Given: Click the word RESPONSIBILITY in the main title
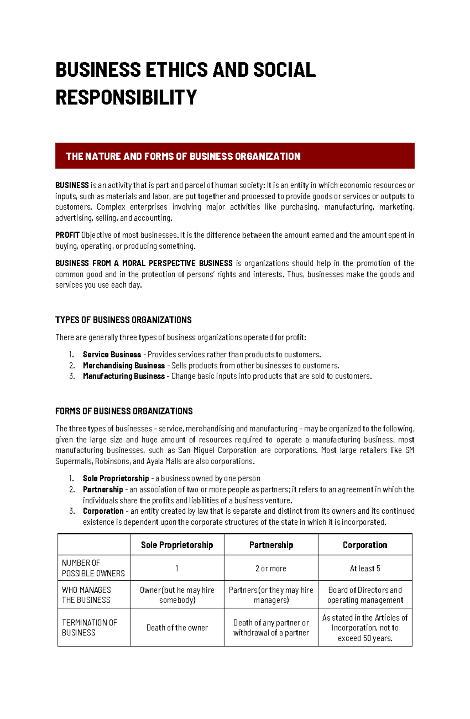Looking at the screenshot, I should [x=126, y=97].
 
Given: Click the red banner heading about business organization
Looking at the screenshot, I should [x=183, y=156].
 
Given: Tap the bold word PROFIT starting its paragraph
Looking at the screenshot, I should [x=67, y=235].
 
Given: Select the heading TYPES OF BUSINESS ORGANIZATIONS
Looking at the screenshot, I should [x=123, y=320].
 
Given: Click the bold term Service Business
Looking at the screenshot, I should [x=112, y=355].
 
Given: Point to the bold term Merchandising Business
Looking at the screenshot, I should [x=124, y=366].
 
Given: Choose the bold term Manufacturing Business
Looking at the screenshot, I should [x=124, y=376].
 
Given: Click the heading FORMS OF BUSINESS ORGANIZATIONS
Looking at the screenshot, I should [x=124, y=411].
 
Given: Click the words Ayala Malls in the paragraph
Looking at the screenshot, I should [x=164, y=461].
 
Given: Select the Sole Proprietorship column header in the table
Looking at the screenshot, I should [x=177, y=545].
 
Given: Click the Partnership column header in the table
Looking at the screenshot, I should [x=271, y=545].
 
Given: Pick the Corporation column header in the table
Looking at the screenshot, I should [x=365, y=545].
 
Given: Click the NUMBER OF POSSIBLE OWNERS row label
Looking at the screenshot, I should [x=93, y=568].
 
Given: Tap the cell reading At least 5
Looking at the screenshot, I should [x=365, y=569].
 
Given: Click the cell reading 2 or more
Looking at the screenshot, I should [x=271, y=569].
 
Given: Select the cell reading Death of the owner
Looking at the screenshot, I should [x=177, y=628].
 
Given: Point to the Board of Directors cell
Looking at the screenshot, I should [x=365, y=595].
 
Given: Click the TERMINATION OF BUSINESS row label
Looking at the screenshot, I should [x=89, y=627].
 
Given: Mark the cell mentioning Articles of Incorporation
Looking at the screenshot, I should [x=365, y=628].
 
